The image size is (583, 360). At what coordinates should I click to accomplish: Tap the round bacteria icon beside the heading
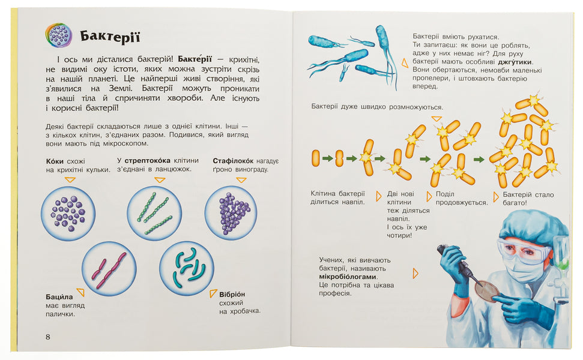58,35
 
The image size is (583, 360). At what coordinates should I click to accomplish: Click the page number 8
48,336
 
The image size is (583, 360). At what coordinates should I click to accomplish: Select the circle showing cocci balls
67,213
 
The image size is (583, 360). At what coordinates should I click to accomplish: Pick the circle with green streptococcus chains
154,212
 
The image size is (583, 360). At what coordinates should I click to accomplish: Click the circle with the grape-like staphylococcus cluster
231,212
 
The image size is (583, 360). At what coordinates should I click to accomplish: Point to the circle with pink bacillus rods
109,268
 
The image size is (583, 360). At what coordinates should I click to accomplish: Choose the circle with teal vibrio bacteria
186,268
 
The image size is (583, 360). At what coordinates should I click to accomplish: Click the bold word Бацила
59,296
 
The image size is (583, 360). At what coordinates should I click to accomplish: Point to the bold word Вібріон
232,294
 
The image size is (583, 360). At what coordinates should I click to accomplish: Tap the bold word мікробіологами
348,277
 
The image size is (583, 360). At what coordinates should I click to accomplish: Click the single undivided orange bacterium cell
315,158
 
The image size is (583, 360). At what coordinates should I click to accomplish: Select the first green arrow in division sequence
327,158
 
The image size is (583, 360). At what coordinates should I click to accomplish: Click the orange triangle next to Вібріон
213,293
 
